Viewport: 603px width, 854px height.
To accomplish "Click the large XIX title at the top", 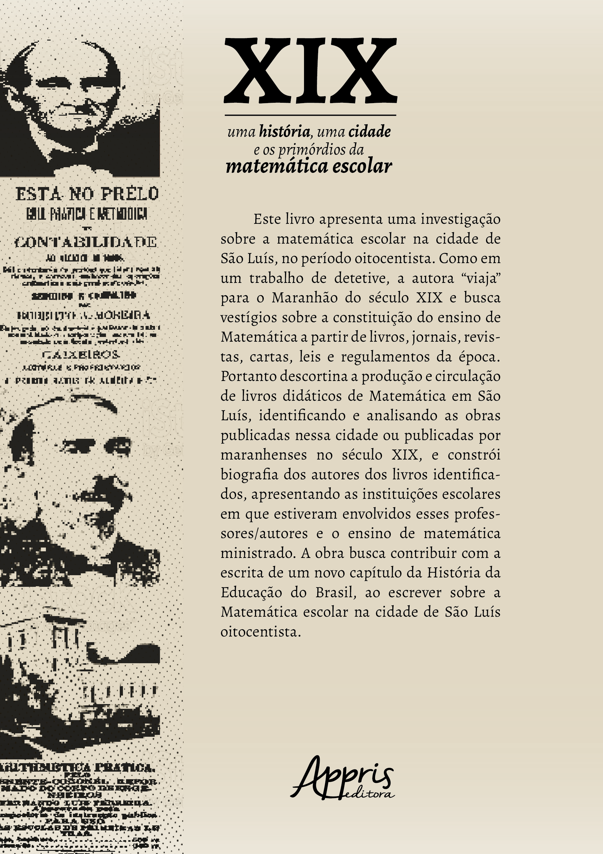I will [x=310, y=71].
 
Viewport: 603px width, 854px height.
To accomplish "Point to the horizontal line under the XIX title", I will [x=310, y=115].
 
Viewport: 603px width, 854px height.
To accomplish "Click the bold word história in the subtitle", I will [x=284, y=132].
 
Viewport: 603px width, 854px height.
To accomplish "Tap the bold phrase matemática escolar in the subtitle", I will [x=309, y=166].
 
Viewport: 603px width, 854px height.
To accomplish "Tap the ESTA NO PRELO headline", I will [x=87, y=194].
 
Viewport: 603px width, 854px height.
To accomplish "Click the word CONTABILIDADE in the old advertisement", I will [x=86, y=242].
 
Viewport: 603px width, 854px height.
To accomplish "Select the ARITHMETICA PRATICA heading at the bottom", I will [x=76, y=767].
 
